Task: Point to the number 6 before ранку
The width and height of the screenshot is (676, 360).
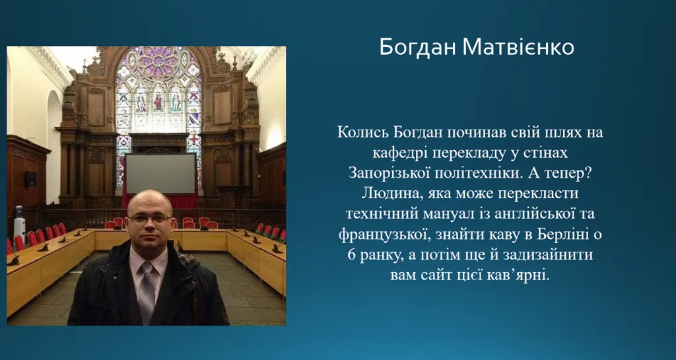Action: (351, 255)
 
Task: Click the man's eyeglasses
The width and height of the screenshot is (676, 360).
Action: (149, 219)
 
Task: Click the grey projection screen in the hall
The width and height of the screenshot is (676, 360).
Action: (160, 174)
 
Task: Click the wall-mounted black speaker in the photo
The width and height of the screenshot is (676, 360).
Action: (30, 178)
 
